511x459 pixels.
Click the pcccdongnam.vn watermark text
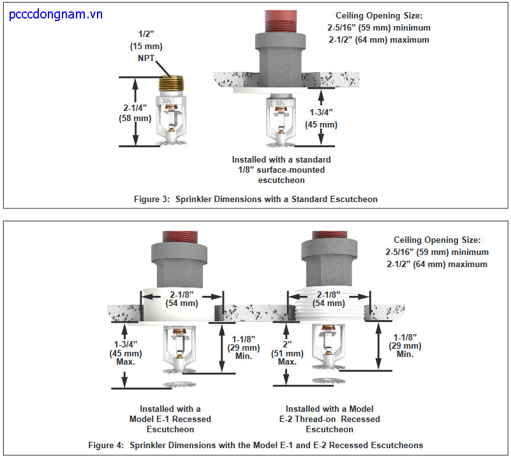click(x=57, y=15)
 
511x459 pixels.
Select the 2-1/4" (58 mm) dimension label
click(x=133, y=113)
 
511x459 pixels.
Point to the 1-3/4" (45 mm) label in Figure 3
click(x=322, y=119)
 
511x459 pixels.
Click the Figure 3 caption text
click(x=255, y=199)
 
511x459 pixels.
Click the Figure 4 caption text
click(x=255, y=444)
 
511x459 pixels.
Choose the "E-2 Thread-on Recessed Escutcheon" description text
click(x=332, y=419)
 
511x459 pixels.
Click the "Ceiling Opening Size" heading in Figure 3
click(x=383, y=15)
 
